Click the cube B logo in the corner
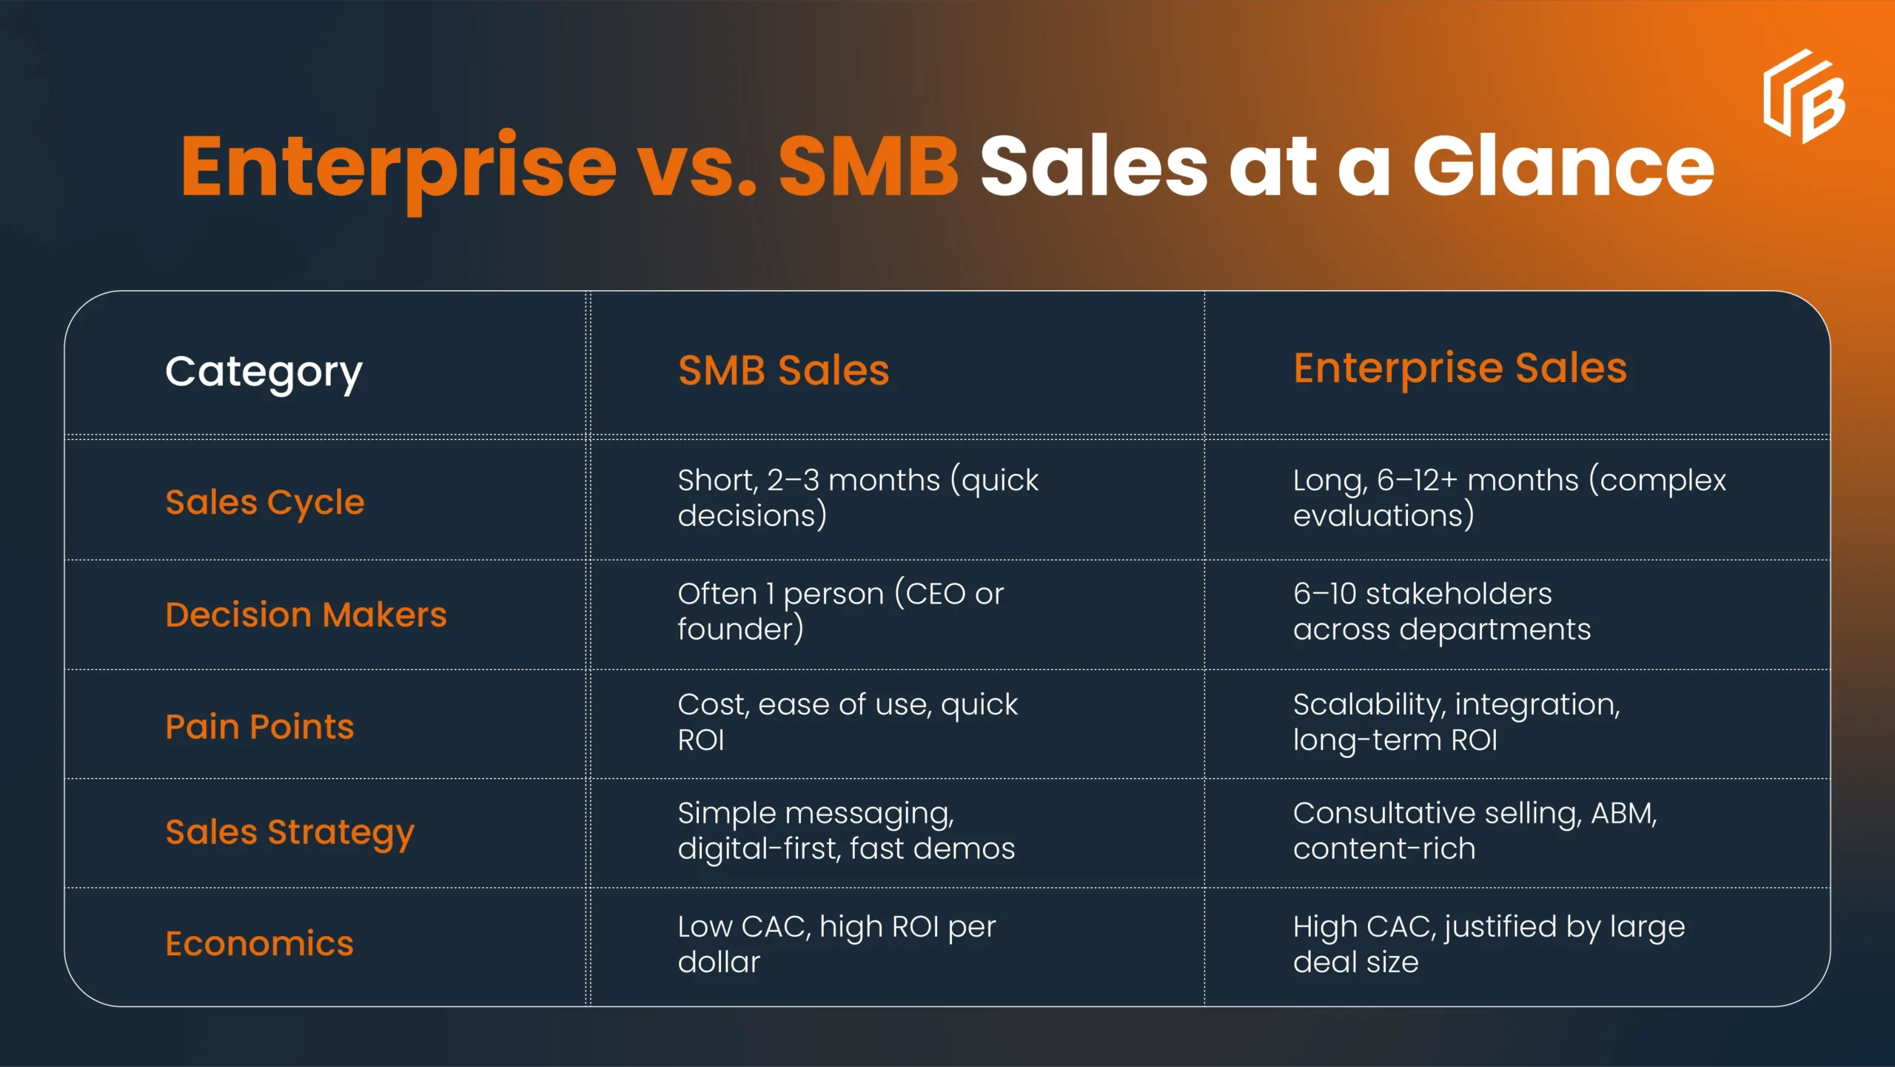pos(1804,97)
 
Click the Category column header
pos(264,372)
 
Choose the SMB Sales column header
pos(783,370)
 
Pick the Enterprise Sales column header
pos(1460,368)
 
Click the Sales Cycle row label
pos(265,503)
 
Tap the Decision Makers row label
pos(306,615)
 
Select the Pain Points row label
pos(260,726)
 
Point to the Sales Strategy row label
pos(289,832)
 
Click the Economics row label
pos(260,943)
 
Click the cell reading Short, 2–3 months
pos(857,498)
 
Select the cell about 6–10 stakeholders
pos(1440,611)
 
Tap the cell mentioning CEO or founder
pos(840,611)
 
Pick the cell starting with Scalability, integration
pos(1455,722)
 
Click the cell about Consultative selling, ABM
pos(1474,831)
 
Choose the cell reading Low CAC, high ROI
pos(836,944)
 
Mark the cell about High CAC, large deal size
pos(1488,944)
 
